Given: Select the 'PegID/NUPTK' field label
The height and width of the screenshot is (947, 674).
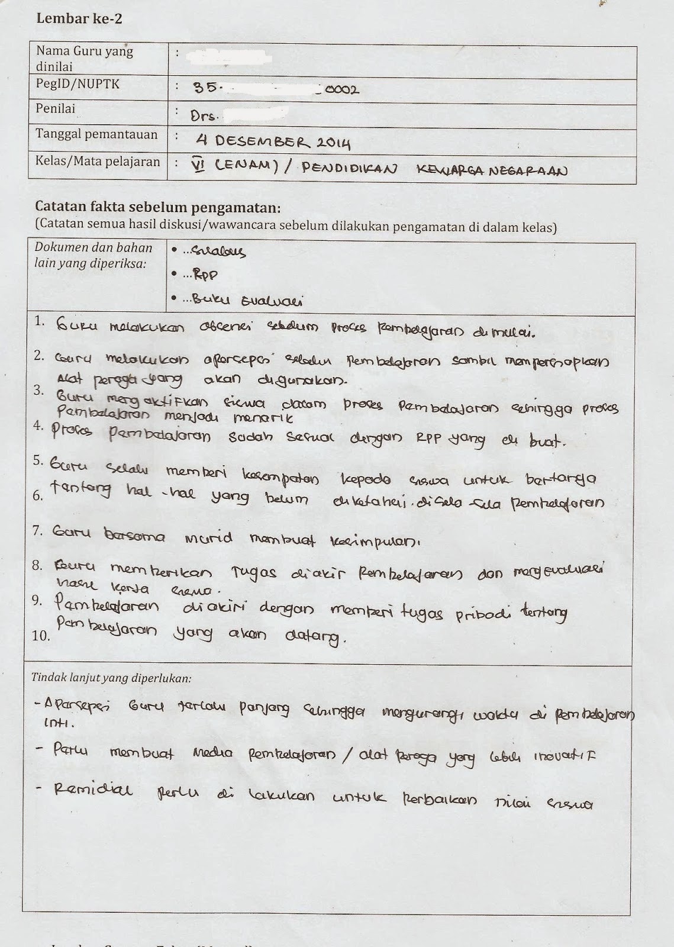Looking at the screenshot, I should point(78,84).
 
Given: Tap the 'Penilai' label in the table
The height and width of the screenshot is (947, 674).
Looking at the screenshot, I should point(56,109).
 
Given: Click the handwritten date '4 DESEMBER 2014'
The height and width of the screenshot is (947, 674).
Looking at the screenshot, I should point(273,142).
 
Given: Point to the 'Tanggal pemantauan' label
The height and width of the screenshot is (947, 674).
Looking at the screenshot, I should point(96,134).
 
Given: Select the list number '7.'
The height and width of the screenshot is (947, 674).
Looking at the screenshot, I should point(38,530).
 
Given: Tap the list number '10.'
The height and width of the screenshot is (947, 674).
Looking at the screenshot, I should point(41,636).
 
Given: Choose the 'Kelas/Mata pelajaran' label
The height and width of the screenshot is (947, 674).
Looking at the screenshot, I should point(98,161).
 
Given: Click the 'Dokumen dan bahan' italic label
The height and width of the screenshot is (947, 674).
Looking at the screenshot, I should point(93,247).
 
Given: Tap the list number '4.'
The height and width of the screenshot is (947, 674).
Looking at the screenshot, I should point(38,426).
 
